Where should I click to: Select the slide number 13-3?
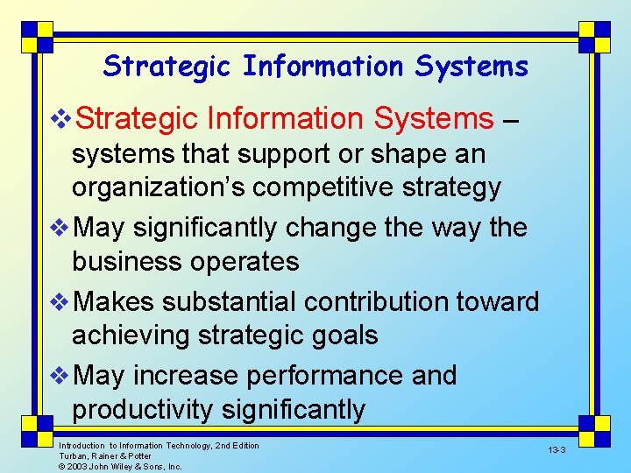coord(557,449)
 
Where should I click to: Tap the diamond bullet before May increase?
coord(60,376)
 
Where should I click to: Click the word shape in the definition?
coord(339,154)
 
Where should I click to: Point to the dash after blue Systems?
coord(514,118)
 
